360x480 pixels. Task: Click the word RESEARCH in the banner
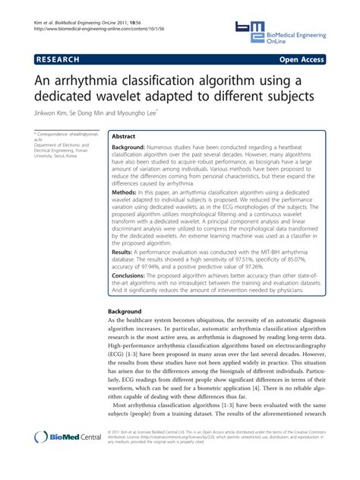[60, 59]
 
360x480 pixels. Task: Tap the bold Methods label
[125, 194]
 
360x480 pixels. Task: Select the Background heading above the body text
[125, 312]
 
